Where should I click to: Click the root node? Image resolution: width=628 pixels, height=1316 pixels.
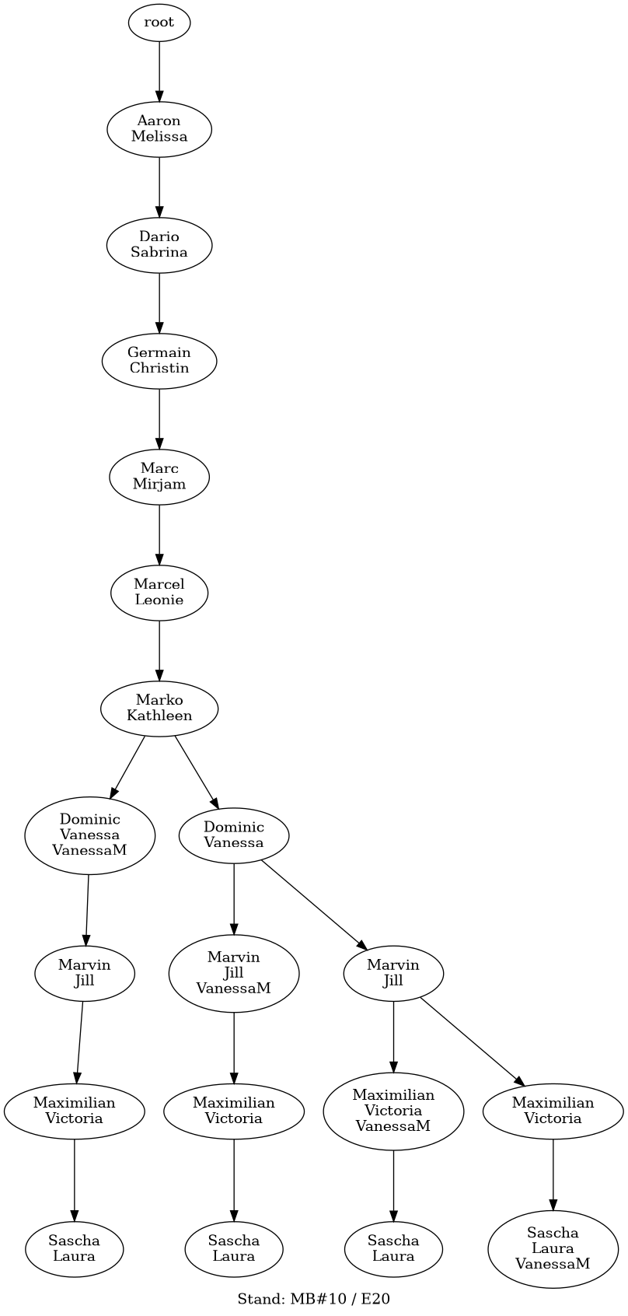[x=159, y=23]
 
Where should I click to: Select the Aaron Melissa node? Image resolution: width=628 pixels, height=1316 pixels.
[x=159, y=128]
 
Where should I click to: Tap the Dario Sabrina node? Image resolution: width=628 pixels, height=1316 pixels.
[x=159, y=244]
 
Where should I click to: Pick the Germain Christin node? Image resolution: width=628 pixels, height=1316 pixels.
[x=159, y=360]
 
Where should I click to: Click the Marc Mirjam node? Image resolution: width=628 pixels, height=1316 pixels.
[x=159, y=476]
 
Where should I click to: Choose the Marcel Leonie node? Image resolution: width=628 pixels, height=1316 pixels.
[x=159, y=592]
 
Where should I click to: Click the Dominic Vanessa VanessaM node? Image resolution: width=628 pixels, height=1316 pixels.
[x=90, y=835]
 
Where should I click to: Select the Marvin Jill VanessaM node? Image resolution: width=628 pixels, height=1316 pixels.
[x=234, y=973]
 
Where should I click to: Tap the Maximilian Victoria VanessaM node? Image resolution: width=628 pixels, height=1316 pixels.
[x=393, y=1111]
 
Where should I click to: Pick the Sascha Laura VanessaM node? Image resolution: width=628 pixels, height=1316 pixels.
[x=553, y=1248]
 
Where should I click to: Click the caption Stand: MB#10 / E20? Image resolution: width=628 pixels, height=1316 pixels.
[x=314, y=1299]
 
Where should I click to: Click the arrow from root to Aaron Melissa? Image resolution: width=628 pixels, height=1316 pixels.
[x=159, y=71]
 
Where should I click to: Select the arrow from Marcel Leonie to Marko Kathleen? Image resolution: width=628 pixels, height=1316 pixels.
[x=159, y=649]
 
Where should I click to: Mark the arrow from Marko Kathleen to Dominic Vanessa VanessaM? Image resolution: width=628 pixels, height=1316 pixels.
[x=127, y=766]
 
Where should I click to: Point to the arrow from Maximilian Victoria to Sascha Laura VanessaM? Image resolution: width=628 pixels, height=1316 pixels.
[x=553, y=1174]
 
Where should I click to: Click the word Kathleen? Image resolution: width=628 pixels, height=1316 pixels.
[x=159, y=716]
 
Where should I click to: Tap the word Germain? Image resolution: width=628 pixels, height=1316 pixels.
[x=159, y=352]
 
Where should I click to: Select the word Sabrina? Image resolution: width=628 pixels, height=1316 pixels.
[x=159, y=252]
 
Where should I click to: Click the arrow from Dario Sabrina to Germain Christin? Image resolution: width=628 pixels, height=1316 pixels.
[x=159, y=303]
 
